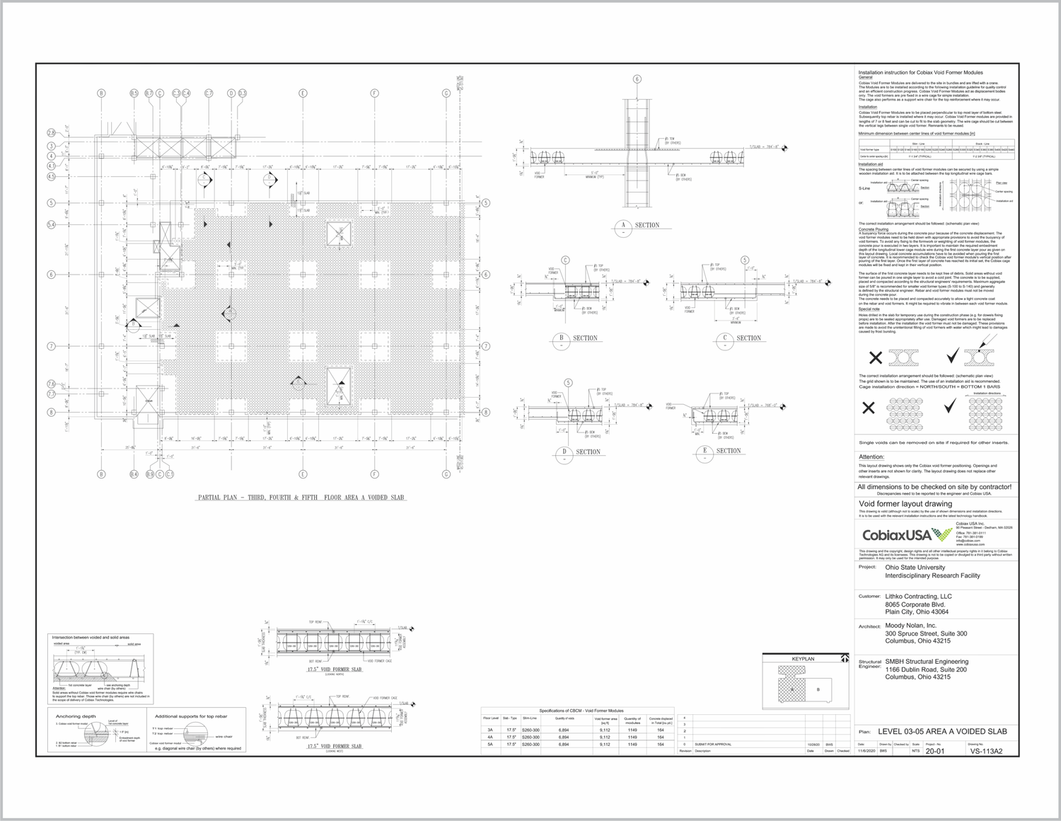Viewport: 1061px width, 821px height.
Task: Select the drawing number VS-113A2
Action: (x=985, y=751)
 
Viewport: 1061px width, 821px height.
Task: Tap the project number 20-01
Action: (x=934, y=751)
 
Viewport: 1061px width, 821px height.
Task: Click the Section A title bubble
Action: (x=623, y=226)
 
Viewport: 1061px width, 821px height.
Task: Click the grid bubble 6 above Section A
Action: (x=637, y=79)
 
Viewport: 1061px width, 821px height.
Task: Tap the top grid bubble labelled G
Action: (x=446, y=93)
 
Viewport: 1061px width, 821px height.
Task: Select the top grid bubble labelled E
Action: (x=303, y=93)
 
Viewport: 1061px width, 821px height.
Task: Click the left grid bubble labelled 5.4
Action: (x=51, y=225)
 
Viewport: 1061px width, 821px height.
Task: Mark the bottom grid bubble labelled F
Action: (x=374, y=474)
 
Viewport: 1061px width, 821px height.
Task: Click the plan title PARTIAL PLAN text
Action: (x=301, y=498)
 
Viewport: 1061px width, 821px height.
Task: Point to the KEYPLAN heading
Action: (x=803, y=659)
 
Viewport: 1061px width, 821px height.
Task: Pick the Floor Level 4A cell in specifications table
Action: (x=490, y=737)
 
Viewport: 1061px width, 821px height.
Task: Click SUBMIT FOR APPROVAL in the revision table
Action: (x=713, y=744)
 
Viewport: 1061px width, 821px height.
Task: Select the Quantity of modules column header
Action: (x=632, y=720)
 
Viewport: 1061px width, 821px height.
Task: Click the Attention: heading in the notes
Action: (x=871, y=457)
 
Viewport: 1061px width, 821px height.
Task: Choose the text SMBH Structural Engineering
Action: (x=927, y=662)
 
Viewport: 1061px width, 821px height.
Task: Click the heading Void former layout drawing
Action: (x=905, y=504)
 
